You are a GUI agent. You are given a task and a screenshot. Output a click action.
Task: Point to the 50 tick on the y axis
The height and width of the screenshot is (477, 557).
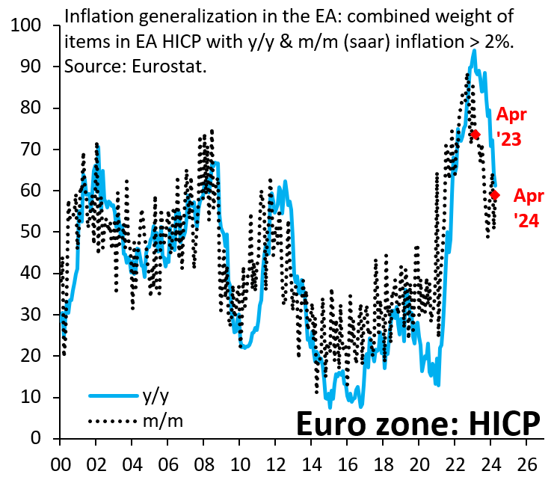point(31,233)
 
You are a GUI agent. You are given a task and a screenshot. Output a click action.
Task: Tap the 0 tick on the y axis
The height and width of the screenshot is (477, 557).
point(37,439)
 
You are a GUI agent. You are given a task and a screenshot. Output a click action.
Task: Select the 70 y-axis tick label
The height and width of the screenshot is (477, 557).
point(31,150)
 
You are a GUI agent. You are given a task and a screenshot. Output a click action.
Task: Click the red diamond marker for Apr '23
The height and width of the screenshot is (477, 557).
point(476,135)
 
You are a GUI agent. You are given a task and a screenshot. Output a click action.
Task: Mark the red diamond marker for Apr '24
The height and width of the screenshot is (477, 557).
point(495,195)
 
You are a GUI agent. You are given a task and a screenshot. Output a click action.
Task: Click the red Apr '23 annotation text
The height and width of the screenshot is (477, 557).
point(511,127)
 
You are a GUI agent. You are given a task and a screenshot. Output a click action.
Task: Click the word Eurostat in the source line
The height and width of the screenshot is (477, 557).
point(171,66)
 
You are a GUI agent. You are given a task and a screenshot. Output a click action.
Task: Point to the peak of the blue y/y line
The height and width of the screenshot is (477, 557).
point(474,51)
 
